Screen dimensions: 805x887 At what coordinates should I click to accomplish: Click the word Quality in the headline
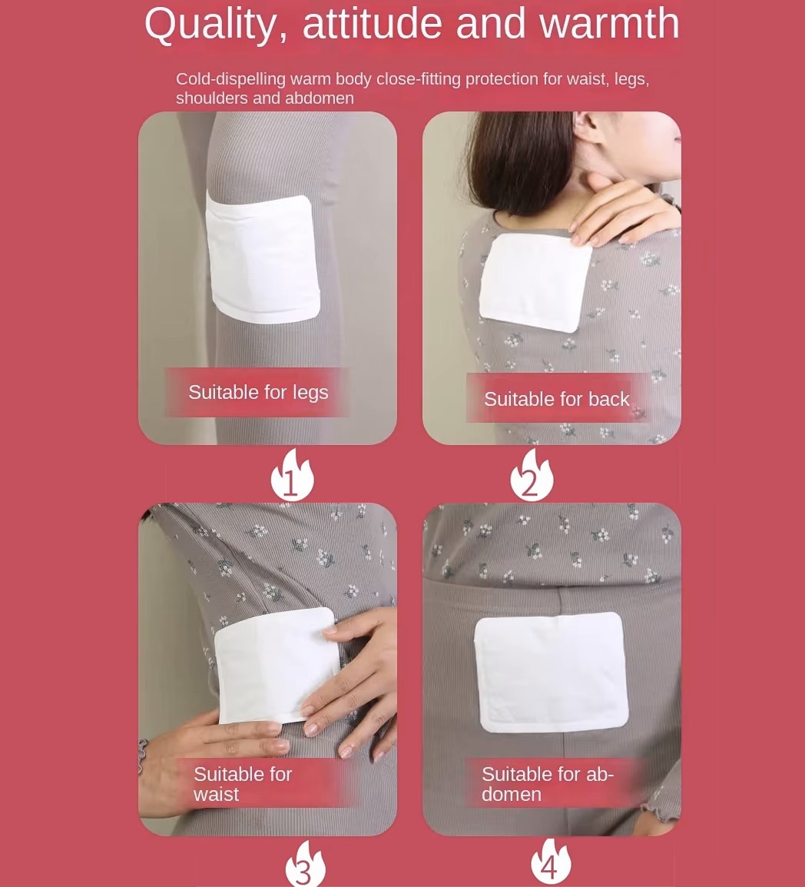pyautogui.click(x=215, y=25)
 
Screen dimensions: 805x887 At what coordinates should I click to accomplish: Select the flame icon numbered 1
pyautogui.click(x=292, y=475)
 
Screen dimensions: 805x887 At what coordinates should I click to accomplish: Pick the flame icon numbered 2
pyautogui.click(x=532, y=475)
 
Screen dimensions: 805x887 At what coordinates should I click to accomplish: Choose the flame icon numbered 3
pyautogui.click(x=305, y=864)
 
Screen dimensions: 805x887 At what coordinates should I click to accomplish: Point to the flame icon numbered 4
pyautogui.click(x=551, y=862)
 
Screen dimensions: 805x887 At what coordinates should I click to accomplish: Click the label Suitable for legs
pyautogui.click(x=258, y=393)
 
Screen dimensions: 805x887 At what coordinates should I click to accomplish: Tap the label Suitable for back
pyautogui.click(x=557, y=400)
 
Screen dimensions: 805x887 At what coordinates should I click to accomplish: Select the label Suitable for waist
pyautogui.click(x=243, y=784)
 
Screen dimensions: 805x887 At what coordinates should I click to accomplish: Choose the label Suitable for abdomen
pyautogui.click(x=547, y=784)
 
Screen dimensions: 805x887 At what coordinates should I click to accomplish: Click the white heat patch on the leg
pyautogui.click(x=263, y=259)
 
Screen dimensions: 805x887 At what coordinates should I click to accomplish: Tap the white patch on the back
pyautogui.click(x=535, y=282)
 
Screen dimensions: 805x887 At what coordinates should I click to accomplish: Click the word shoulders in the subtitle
pyautogui.click(x=212, y=98)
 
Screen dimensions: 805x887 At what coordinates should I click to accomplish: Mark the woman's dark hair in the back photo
pyautogui.click(x=520, y=161)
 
